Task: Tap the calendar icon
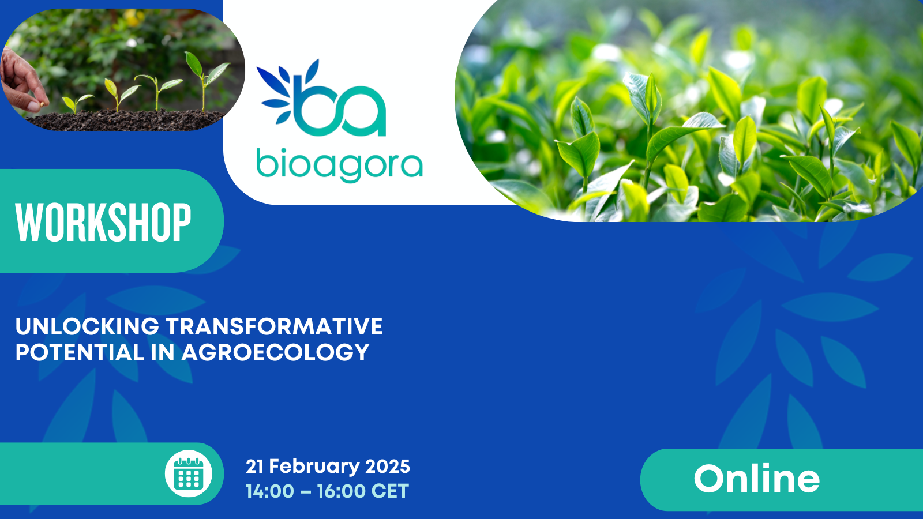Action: coord(189,473)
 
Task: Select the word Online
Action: coord(756,478)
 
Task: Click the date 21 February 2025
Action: coord(328,467)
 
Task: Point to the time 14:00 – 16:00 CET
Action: coord(328,491)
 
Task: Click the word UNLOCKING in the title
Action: coord(87,326)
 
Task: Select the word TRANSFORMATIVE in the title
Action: coord(274,326)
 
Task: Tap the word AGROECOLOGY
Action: coord(275,352)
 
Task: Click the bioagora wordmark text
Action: coord(340,165)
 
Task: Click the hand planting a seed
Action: coord(24,82)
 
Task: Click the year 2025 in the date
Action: coord(388,467)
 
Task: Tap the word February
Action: coord(314,467)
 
